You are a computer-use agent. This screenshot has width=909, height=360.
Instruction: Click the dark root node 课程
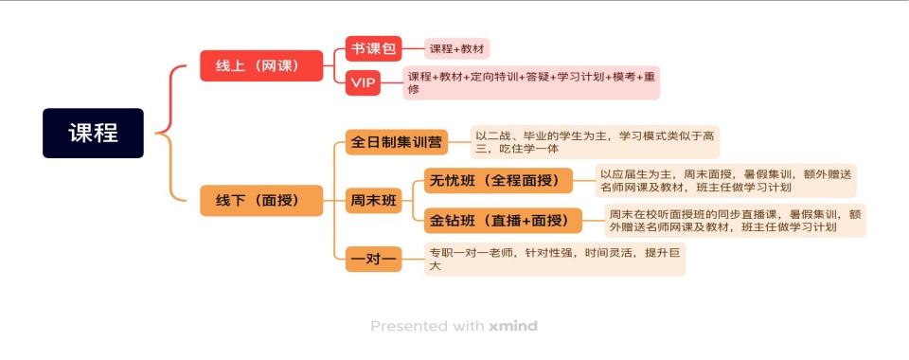point(93,133)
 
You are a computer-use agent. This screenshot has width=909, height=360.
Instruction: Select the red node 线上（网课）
point(261,65)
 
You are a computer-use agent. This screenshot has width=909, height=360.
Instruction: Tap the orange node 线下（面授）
point(261,200)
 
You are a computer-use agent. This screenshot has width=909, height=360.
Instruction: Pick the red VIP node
point(364,83)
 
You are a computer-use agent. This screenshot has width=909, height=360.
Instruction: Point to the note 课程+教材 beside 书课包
point(457,48)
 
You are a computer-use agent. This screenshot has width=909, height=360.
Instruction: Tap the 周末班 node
point(375,200)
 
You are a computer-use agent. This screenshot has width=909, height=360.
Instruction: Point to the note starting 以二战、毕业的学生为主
point(595,142)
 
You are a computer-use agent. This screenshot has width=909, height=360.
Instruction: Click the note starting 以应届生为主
point(724,180)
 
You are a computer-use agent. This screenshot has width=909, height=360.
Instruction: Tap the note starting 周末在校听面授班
point(734,221)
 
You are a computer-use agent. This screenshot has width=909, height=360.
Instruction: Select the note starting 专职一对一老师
point(554,259)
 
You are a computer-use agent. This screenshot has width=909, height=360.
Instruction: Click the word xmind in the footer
point(513,326)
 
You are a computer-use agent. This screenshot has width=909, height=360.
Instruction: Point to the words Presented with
point(427,326)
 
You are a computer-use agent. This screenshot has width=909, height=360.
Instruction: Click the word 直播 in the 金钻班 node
point(509,222)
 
